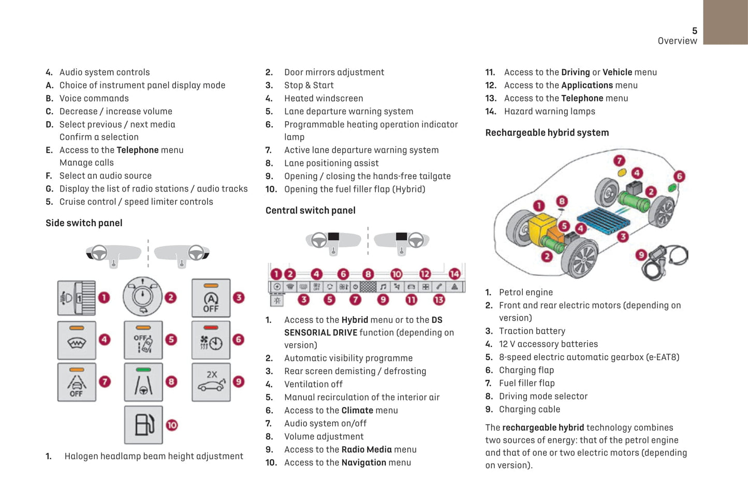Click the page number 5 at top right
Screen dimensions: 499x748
pyautogui.click(x=694, y=31)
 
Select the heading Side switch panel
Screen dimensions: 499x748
pyautogui.click(x=84, y=223)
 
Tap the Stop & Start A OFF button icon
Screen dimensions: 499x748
pyautogui.click(x=211, y=298)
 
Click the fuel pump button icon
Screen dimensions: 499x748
pyautogui.click(x=143, y=425)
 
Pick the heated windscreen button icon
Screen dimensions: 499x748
pyautogui.click(x=77, y=340)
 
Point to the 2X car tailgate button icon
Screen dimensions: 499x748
pyautogui.click(x=211, y=383)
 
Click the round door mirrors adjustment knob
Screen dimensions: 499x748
pyautogui.click(x=142, y=297)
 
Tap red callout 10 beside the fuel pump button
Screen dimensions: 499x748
pyautogui.click(x=172, y=425)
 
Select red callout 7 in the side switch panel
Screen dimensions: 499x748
pyautogui.click(x=105, y=382)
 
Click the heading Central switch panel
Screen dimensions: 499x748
pyautogui.click(x=310, y=211)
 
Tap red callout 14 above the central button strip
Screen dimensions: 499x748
pyautogui.click(x=454, y=274)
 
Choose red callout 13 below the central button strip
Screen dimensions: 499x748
pyautogui.click(x=439, y=300)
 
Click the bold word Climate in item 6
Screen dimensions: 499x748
pyautogui.click(x=357, y=410)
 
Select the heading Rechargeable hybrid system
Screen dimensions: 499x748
pyautogui.click(x=547, y=133)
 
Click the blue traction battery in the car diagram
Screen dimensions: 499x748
pyautogui.click(x=603, y=221)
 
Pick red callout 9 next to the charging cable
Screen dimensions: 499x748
pyautogui.click(x=641, y=255)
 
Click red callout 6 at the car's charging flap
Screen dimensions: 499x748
pyautogui.click(x=679, y=177)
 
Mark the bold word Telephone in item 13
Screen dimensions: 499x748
pyautogui.click(x=582, y=98)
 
